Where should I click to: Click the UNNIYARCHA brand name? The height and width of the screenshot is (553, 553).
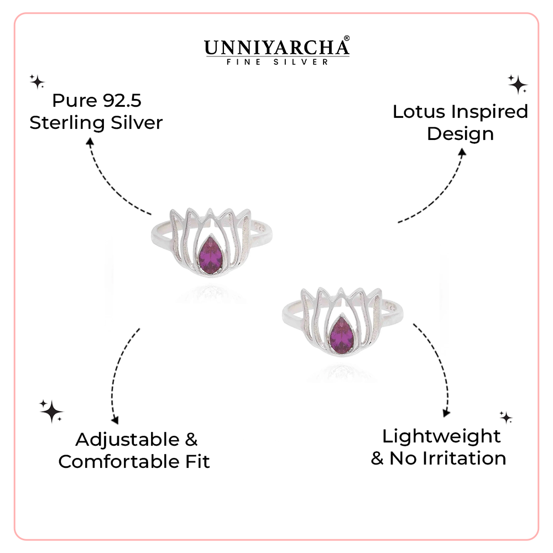(274, 48)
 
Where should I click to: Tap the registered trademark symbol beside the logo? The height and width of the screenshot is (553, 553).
(347, 39)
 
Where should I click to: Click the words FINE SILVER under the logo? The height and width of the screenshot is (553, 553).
(277, 62)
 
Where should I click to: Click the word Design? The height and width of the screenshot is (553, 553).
(460, 134)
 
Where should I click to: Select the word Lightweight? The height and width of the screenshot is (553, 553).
(441, 436)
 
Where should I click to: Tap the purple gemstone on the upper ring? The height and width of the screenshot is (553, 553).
(211, 253)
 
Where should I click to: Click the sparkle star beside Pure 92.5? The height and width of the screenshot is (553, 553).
(37, 82)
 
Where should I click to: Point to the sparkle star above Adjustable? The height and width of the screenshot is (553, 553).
(51, 411)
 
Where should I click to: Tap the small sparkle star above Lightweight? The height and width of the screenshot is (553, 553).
(505, 417)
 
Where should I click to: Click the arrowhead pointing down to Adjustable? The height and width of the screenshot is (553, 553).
(114, 421)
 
